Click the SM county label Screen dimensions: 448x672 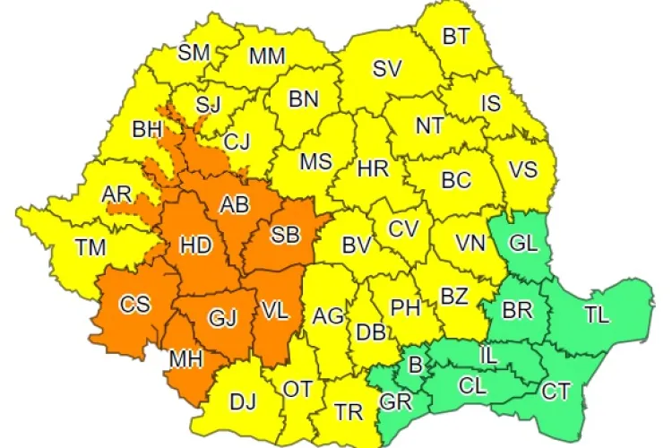194,52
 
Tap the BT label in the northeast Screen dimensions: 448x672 456,37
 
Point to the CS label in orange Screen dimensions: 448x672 135,304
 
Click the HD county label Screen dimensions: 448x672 196,243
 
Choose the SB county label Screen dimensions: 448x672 284,235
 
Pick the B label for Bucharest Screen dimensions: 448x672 414,365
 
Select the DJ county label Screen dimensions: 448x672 243,402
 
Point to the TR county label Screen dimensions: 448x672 349,411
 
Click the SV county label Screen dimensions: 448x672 387,68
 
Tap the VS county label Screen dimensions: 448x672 525,169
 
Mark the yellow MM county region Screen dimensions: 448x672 267,56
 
